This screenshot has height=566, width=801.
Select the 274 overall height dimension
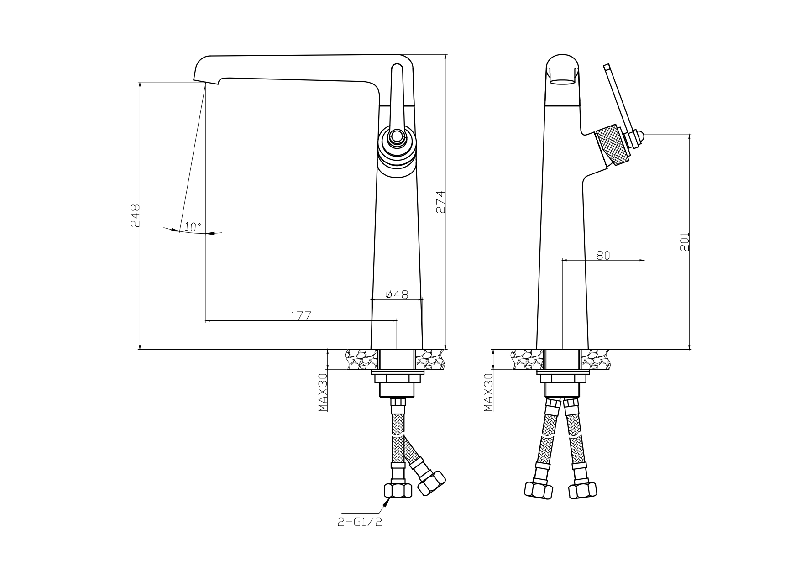click(440, 202)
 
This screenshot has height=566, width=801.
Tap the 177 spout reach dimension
click(301, 315)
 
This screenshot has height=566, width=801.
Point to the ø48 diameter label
click(397, 294)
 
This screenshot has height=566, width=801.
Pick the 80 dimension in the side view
click(603, 256)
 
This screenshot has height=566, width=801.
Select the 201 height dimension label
click(685, 242)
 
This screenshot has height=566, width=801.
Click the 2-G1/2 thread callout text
click(360, 522)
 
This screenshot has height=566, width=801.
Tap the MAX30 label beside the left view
click(324, 392)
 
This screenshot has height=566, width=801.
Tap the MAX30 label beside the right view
click(489, 392)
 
